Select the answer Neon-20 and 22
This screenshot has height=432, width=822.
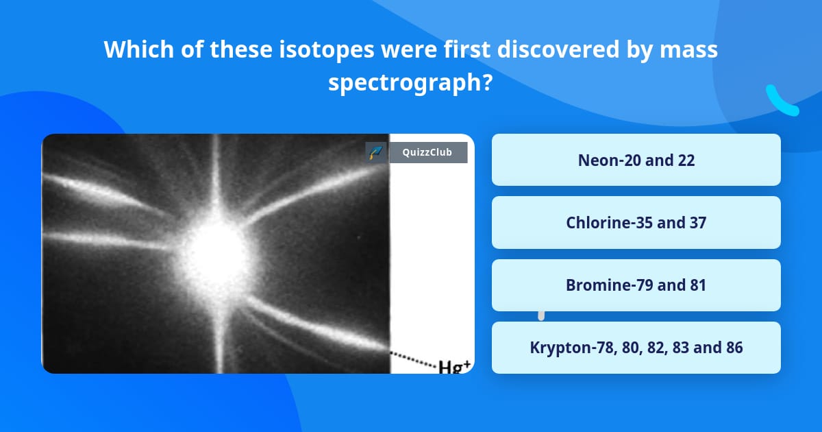click(x=636, y=160)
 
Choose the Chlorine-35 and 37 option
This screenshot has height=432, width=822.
click(x=636, y=222)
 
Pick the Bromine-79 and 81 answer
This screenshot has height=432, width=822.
click(x=636, y=285)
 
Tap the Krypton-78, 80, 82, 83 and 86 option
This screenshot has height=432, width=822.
click(x=636, y=348)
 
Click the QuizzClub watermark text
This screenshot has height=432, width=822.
click(x=427, y=152)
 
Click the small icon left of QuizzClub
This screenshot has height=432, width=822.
click(x=375, y=152)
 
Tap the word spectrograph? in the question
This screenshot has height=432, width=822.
click(x=410, y=82)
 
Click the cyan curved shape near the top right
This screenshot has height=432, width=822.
click(x=782, y=101)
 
